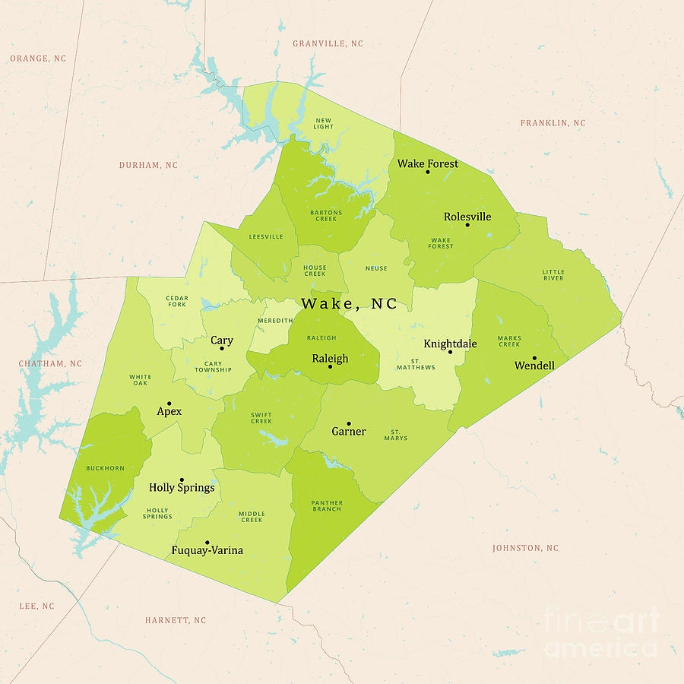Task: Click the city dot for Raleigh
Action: tap(330, 366)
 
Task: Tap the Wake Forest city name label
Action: tap(428, 163)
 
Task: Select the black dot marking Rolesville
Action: tap(467, 224)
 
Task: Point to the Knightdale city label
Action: tap(450, 344)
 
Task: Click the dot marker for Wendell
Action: tap(534, 358)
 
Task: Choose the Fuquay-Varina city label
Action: tap(207, 550)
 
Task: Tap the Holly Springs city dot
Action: tap(182, 480)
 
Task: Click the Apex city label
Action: tap(169, 411)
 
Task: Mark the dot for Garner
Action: tap(349, 423)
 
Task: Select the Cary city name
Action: tap(222, 340)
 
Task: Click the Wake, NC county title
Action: tap(349, 303)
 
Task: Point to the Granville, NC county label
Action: tap(328, 44)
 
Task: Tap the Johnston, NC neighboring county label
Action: tap(525, 548)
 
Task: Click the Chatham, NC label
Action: tap(50, 364)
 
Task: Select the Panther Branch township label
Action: tap(326, 505)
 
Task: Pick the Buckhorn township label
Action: tap(105, 468)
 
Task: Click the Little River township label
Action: tap(553, 275)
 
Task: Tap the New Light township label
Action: tap(324, 123)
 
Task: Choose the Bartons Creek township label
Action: tap(326, 216)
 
